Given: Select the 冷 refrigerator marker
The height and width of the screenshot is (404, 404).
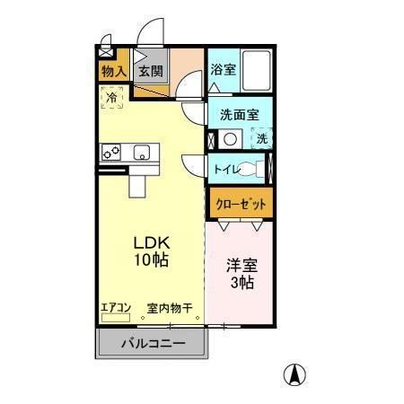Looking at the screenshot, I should click(x=112, y=96).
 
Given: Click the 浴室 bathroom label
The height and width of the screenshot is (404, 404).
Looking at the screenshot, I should click(x=224, y=69).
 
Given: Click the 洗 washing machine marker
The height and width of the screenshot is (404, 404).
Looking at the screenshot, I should click(x=261, y=139).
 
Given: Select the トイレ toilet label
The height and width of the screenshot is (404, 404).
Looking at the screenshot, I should click(x=227, y=168).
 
